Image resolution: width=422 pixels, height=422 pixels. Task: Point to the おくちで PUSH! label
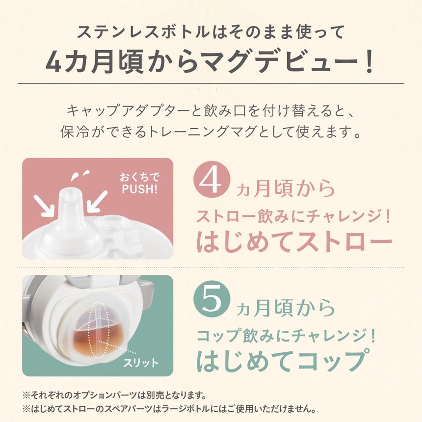click(140, 183)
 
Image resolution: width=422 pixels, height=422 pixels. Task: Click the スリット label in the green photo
click(140, 363)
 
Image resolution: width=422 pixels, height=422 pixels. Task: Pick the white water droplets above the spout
click(79, 174)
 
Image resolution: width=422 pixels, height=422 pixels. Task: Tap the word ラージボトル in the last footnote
click(215, 409)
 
